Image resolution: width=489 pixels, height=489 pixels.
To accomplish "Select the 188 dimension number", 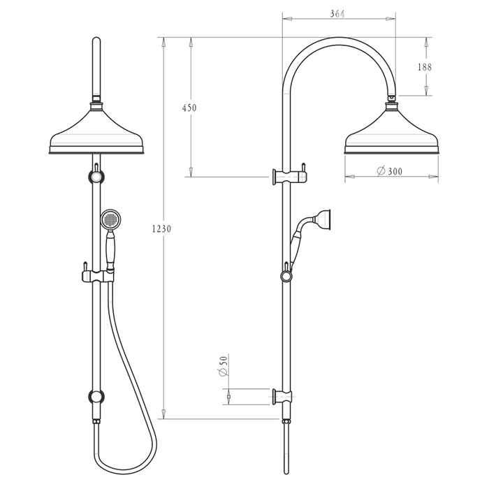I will pos(425,67).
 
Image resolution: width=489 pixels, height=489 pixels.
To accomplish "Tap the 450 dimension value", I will pos(189,108).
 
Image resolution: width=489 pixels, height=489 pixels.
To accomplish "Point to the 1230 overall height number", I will pos(161,228).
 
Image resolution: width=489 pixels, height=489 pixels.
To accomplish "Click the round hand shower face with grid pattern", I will pos(110,220).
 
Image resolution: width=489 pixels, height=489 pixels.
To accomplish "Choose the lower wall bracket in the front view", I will pos(97,397).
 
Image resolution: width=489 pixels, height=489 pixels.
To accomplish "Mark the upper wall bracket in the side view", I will pos(288,176).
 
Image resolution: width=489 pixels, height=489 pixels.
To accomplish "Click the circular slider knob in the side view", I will pos(286,277).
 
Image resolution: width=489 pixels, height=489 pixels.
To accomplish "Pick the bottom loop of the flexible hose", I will pos(122,464).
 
